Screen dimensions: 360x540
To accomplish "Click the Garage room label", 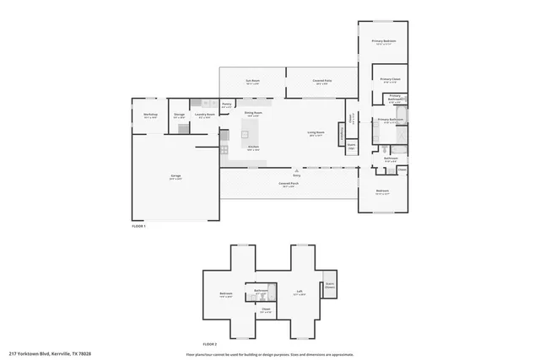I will pos(175,176).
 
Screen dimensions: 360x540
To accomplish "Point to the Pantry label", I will pos(226,105).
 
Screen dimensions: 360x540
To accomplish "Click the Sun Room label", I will pos(252,82).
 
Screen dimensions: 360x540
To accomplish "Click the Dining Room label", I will pos(252,113).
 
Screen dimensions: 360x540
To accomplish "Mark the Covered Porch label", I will pos(288,185).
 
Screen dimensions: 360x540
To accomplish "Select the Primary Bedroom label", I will pos(384,41).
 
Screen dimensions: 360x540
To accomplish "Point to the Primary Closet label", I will pos(389,80).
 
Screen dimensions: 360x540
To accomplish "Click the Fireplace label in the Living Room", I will pos(341,133).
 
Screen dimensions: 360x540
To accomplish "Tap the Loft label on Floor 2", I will pos(299,293).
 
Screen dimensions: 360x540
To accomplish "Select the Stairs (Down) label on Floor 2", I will pos(330,285).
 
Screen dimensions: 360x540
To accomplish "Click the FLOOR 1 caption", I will pos(139,226).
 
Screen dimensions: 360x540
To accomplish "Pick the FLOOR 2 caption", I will pos(210,344).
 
